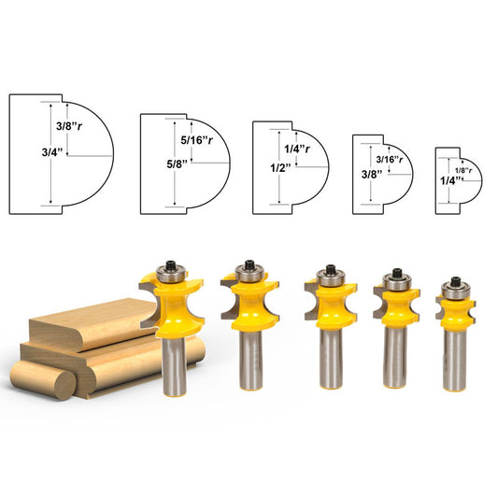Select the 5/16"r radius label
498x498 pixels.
pyautogui.click(x=197, y=141)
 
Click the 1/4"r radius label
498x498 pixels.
pyautogui.click(x=299, y=146)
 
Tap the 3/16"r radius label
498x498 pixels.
pyautogui.click(x=391, y=159)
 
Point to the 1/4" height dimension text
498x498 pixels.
pyautogui.click(x=446, y=181)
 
